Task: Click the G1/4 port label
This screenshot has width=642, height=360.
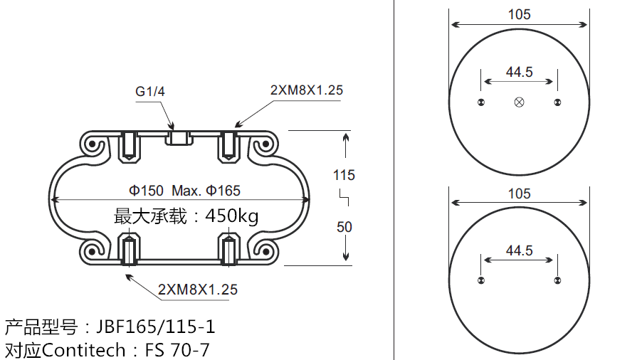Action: (150, 91)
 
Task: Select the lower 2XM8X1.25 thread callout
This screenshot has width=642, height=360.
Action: (198, 290)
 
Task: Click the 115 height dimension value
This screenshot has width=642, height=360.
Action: (344, 175)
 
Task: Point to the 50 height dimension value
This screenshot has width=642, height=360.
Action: (344, 227)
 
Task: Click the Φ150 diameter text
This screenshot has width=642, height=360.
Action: (146, 191)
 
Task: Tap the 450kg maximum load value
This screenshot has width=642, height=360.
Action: (232, 216)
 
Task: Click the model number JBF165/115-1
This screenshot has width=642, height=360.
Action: (155, 327)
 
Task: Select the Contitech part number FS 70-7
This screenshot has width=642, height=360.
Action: (177, 349)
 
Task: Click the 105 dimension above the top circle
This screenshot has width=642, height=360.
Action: (519, 14)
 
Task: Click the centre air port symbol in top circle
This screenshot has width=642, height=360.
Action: (519, 103)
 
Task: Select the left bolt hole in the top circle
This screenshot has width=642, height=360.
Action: (482, 103)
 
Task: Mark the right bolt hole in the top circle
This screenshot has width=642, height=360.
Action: (557, 103)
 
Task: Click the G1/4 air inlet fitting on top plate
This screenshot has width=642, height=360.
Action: (179, 137)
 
